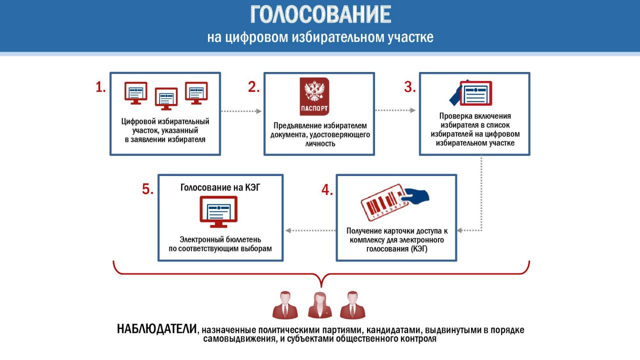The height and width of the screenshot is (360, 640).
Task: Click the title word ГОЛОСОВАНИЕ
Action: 320,14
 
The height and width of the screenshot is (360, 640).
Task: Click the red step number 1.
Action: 100,87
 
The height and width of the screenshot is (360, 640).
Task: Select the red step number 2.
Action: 253,87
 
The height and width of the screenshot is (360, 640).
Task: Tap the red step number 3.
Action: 409,87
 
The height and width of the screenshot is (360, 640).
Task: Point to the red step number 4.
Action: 327,189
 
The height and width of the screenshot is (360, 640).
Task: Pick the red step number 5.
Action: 147,189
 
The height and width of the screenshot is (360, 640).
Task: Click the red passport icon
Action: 314,96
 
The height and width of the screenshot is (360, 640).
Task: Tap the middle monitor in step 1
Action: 166,99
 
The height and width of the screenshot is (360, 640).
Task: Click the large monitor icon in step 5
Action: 218,211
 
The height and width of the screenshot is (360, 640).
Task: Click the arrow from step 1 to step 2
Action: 241,111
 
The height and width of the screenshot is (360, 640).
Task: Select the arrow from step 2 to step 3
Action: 395,110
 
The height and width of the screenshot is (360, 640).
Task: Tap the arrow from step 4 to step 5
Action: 310,230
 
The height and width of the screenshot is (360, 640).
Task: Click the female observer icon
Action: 320,305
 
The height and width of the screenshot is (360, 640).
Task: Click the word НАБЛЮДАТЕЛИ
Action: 157,329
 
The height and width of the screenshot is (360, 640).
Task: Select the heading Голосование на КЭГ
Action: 220,187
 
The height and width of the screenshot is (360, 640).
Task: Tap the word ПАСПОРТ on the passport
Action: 314,108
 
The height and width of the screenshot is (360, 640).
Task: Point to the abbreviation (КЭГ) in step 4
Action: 419,249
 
